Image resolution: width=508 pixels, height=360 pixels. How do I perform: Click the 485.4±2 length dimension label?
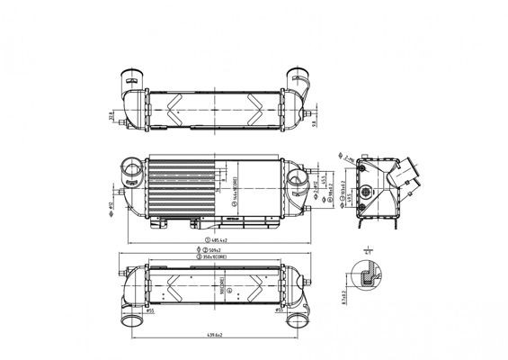point(219,240)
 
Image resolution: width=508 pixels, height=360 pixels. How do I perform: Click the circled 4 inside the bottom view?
point(231,291)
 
